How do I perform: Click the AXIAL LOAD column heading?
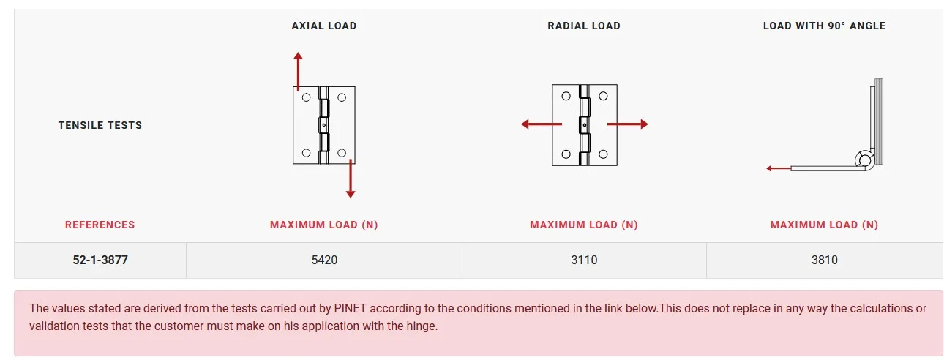click(324, 26)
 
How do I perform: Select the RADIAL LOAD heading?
click(584, 26)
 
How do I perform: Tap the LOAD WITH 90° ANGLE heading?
click(824, 26)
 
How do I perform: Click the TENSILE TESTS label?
click(100, 125)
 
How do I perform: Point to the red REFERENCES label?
click(100, 225)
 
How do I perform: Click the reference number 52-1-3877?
click(100, 260)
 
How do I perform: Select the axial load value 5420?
click(324, 260)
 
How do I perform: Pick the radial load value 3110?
click(584, 260)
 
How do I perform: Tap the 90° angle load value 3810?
click(825, 260)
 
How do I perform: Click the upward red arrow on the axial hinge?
click(298, 71)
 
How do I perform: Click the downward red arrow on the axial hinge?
click(351, 179)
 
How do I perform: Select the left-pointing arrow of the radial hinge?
click(542, 124)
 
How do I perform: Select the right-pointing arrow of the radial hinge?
click(628, 124)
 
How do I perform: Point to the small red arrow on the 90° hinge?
click(779, 168)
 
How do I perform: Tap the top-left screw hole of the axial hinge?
click(307, 97)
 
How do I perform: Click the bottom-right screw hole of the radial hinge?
click(603, 154)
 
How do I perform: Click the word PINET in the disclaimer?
click(350, 309)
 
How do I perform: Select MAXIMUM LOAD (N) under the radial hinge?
click(584, 225)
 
